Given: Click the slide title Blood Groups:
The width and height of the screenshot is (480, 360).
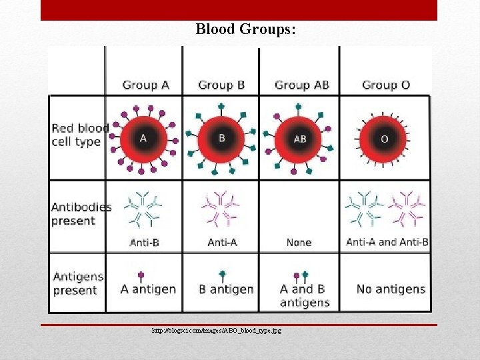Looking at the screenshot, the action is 246,30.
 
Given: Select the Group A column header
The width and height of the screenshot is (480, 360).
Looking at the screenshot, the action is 145,85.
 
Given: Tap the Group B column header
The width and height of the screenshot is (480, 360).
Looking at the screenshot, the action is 221,85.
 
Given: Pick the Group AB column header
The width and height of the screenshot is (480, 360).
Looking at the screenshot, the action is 302,85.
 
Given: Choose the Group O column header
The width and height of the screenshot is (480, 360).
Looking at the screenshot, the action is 385,85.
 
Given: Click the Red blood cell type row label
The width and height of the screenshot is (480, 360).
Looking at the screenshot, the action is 80,135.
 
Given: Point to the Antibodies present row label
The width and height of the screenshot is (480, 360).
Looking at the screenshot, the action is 81,213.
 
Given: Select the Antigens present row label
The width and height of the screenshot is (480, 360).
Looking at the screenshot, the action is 78,283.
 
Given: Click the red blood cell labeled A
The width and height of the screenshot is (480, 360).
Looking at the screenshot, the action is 143,139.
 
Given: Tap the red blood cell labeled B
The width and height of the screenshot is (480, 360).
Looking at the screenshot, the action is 222,139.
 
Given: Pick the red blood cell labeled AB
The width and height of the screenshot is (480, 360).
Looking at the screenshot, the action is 300,139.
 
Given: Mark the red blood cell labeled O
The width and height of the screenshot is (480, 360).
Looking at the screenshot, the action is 383,139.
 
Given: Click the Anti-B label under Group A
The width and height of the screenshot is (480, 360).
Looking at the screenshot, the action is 144,242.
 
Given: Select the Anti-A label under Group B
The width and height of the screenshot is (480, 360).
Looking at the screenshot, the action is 222,242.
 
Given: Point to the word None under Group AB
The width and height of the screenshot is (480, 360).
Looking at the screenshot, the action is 299,242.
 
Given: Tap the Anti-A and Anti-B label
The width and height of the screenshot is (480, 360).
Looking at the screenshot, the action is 387,242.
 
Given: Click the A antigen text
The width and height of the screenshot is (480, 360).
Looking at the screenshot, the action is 148,289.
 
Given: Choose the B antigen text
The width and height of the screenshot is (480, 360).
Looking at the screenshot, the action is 226,289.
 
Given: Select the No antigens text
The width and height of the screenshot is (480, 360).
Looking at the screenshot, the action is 391,289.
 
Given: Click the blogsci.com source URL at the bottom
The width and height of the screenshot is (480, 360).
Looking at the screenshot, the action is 216,331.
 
